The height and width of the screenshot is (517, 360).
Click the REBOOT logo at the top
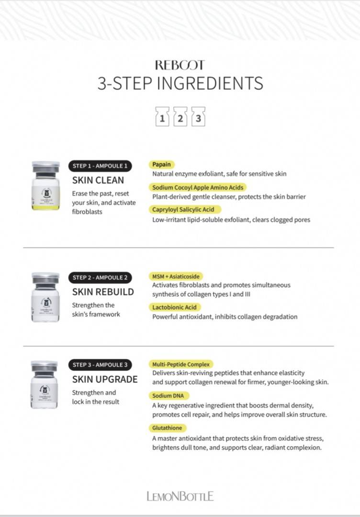[180, 65]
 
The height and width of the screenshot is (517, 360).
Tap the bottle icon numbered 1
[162, 116]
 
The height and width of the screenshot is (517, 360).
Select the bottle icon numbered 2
[180, 116]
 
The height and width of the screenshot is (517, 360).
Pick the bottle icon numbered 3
[198, 116]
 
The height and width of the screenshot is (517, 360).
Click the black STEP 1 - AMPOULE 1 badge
[100, 166]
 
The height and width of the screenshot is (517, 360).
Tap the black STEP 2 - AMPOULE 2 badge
[100, 278]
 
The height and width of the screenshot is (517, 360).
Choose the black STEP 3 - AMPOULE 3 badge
[100, 365]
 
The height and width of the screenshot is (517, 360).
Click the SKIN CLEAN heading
[98, 180]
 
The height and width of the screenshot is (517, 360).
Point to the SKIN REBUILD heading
[103, 292]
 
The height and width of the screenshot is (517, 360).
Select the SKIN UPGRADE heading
[105, 379]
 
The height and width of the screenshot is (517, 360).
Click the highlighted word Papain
[161, 164]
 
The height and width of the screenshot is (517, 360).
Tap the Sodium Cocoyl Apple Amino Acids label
[198, 187]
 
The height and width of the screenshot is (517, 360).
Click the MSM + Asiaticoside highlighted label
[176, 276]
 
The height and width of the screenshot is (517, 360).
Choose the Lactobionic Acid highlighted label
[174, 307]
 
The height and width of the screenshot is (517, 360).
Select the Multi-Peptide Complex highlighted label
[181, 364]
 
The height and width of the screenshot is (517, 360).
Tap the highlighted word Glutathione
[167, 427]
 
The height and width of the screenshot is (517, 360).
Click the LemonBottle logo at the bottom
[180, 496]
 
